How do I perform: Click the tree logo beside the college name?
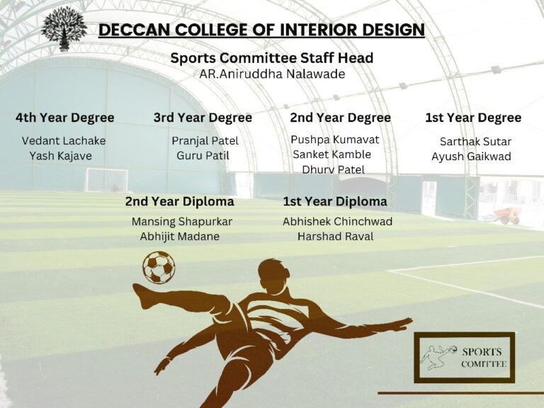click(64, 29)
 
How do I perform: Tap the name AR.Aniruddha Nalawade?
click(272, 74)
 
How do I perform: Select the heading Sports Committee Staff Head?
click(272, 57)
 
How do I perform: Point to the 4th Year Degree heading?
click(65, 118)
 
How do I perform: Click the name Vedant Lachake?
click(64, 140)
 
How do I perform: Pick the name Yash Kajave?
click(61, 156)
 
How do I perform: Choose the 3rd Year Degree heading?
click(203, 118)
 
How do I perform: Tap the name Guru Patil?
click(203, 155)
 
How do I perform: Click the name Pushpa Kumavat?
click(335, 140)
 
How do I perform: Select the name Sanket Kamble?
click(332, 154)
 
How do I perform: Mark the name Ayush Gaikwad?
click(471, 157)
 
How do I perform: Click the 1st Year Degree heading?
click(473, 118)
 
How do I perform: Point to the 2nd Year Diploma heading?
click(180, 202)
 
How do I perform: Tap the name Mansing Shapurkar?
click(182, 222)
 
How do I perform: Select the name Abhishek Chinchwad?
click(338, 221)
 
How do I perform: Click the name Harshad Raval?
click(336, 237)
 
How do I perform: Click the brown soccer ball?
click(159, 268)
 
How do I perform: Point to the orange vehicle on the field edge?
click(507, 215)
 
